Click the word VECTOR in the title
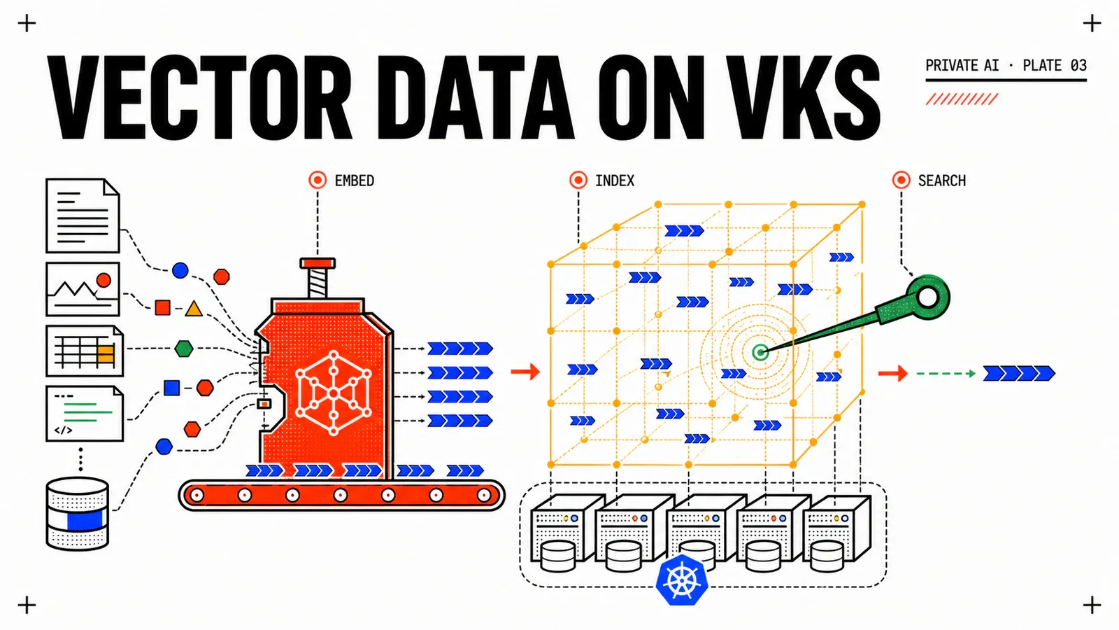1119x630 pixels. click(x=200, y=97)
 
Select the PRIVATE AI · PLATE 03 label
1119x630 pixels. click(x=1006, y=66)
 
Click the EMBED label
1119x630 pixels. click(x=354, y=181)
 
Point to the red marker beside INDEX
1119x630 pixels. click(x=578, y=180)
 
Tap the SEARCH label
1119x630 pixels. click(x=941, y=181)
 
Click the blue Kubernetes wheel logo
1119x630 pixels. click(x=682, y=580)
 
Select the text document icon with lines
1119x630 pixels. click(x=83, y=216)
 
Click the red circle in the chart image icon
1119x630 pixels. click(x=104, y=280)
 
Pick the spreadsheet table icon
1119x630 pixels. click(x=85, y=351)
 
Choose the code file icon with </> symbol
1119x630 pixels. click(x=85, y=414)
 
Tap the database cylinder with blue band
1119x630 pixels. click(x=78, y=514)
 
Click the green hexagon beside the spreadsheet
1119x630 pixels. click(x=184, y=349)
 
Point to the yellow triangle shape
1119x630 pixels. click(x=193, y=309)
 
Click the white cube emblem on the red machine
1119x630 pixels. click(x=333, y=393)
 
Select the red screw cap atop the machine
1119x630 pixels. click(x=318, y=263)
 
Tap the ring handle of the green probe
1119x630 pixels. click(x=928, y=297)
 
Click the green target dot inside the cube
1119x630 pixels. click(x=760, y=352)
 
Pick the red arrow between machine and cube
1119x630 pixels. click(x=525, y=372)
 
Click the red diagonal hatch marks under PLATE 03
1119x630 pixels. click(x=962, y=99)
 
